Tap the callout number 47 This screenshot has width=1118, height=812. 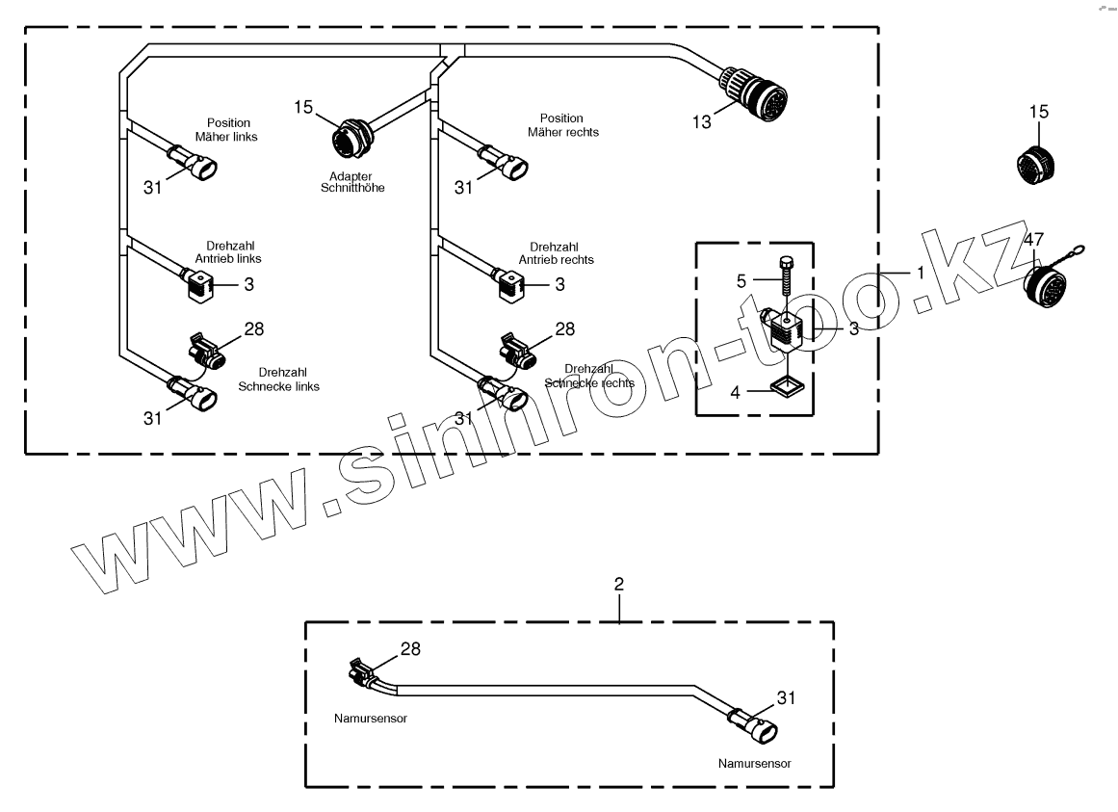[1033, 239]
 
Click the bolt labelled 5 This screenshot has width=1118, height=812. [786, 282]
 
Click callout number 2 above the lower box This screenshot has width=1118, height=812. [619, 585]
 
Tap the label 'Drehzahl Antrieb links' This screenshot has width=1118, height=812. [234, 252]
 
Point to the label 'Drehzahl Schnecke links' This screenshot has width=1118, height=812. [279, 379]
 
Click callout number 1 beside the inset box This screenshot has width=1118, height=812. [921, 273]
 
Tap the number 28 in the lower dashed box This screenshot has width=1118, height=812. [410, 649]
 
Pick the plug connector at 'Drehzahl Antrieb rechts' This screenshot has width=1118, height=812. [512, 283]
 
